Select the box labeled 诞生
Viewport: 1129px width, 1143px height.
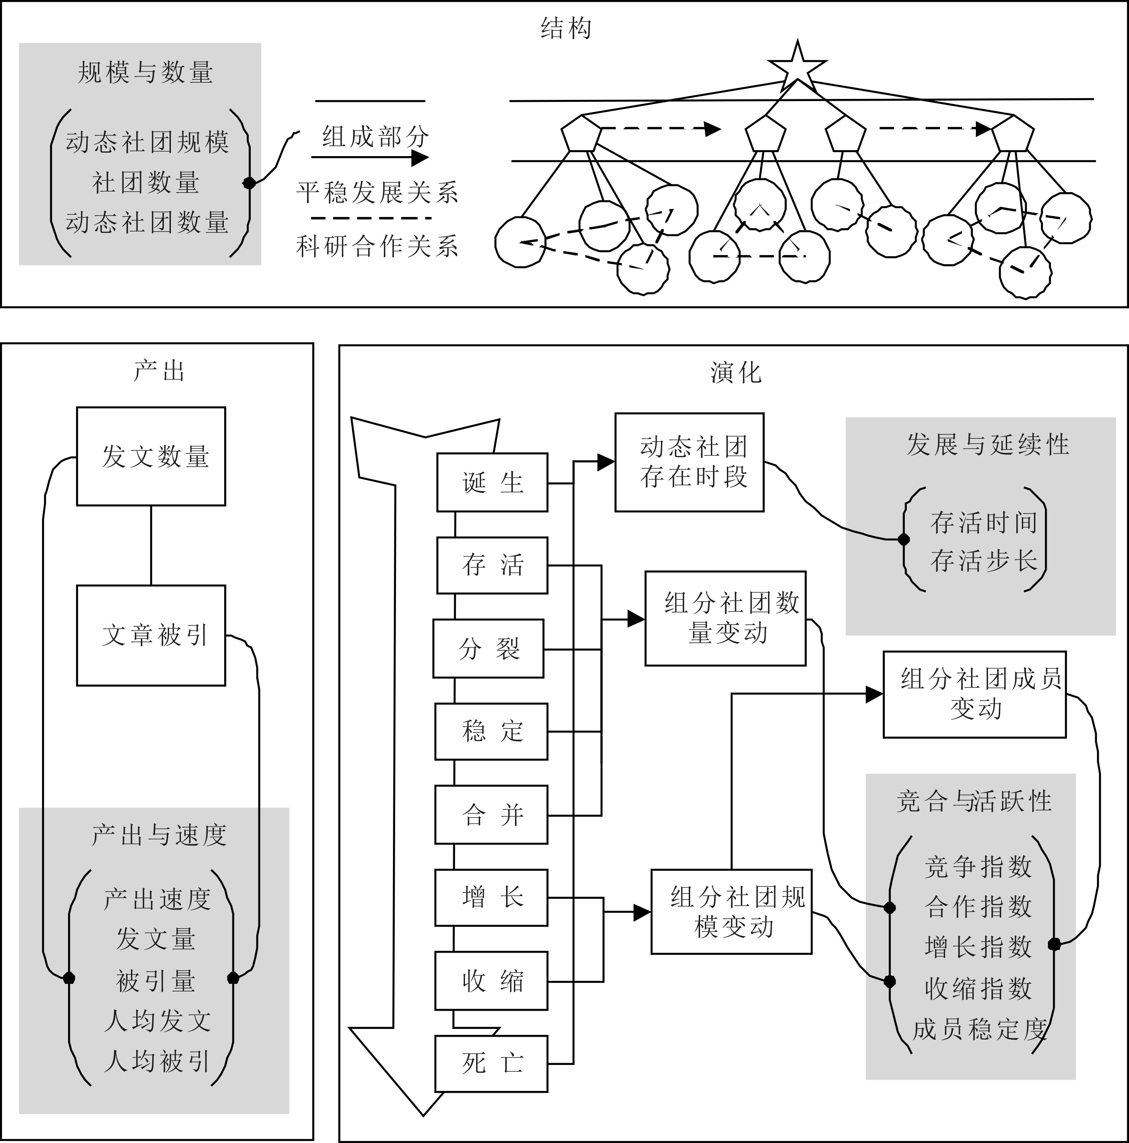(492, 482)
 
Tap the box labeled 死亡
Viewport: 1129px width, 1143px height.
(491, 1063)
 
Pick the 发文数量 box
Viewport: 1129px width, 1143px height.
(151, 456)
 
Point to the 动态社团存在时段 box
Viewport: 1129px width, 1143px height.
(689, 462)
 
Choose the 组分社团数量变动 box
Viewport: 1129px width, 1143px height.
(725, 618)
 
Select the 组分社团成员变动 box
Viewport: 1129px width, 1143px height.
(974, 694)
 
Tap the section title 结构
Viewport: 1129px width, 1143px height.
(566, 28)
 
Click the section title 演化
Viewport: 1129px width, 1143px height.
(736, 373)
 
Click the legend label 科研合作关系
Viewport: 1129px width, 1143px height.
(377, 246)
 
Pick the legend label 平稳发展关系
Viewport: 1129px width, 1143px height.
(377, 192)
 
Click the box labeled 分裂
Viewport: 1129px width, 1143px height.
(488, 648)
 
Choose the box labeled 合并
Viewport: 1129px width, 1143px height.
(491, 815)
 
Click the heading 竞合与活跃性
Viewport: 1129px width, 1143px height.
(973, 801)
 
